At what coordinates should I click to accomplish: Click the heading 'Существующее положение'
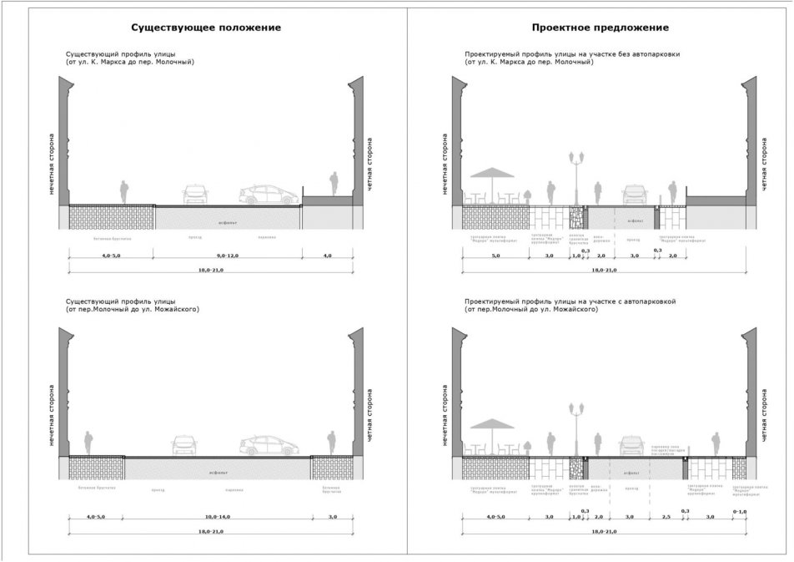click(205, 28)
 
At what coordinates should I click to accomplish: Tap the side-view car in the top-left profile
click(269, 195)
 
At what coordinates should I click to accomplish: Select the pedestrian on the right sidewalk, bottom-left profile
click(333, 443)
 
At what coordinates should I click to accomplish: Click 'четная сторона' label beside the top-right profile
click(761, 164)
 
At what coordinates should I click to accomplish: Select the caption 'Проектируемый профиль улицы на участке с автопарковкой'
click(575, 299)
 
